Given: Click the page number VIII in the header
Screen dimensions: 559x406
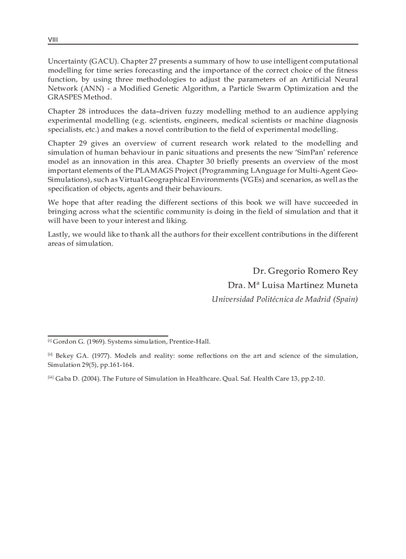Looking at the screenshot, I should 53,39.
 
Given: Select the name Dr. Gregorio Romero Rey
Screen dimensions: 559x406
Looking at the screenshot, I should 305,271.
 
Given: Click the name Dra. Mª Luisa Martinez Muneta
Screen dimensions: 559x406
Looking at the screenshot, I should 293,286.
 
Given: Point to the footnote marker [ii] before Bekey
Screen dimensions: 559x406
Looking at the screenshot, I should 50,354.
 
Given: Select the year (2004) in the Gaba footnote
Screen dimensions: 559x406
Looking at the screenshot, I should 88,378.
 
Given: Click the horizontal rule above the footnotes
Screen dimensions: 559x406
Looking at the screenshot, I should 107,336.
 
